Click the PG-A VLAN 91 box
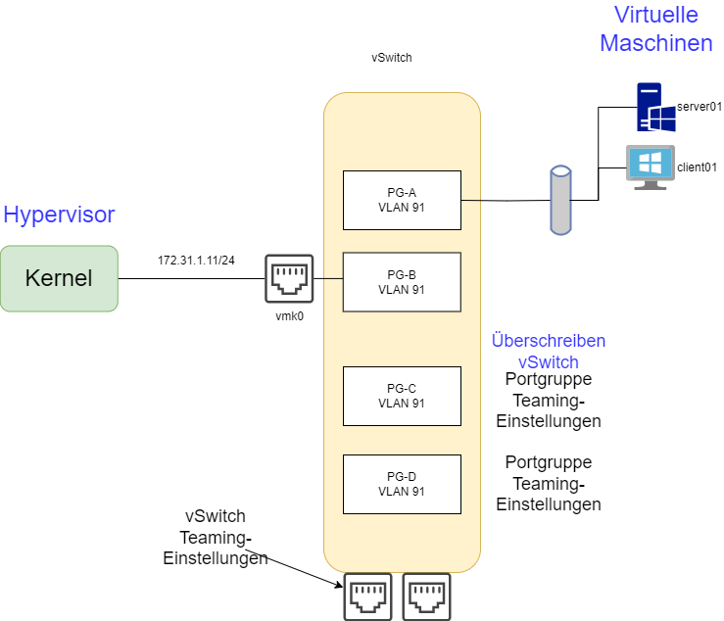pyautogui.click(x=402, y=200)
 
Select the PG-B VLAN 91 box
pyautogui.click(x=402, y=282)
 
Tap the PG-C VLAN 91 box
pyautogui.click(x=402, y=396)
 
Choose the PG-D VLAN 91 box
pyautogui.click(x=402, y=484)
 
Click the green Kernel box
pyautogui.click(x=59, y=278)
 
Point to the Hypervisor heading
pyautogui.click(x=59, y=215)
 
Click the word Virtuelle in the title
pyautogui.click(x=655, y=15)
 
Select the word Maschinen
pyautogui.click(x=655, y=43)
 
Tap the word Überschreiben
pyautogui.click(x=548, y=341)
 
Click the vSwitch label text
pyautogui.click(x=548, y=362)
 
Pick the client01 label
pyautogui.click(x=697, y=167)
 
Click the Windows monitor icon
pyautogui.click(x=650, y=167)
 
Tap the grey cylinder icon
pyautogui.click(x=559, y=200)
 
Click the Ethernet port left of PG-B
pyautogui.click(x=289, y=278)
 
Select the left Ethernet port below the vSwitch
pyautogui.click(x=367, y=597)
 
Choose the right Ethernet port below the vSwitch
pyautogui.click(x=426, y=597)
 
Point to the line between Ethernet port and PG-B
pyautogui.click(x=328, y=278)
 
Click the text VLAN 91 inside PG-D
pyautogui.click(x=402, y=492)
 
